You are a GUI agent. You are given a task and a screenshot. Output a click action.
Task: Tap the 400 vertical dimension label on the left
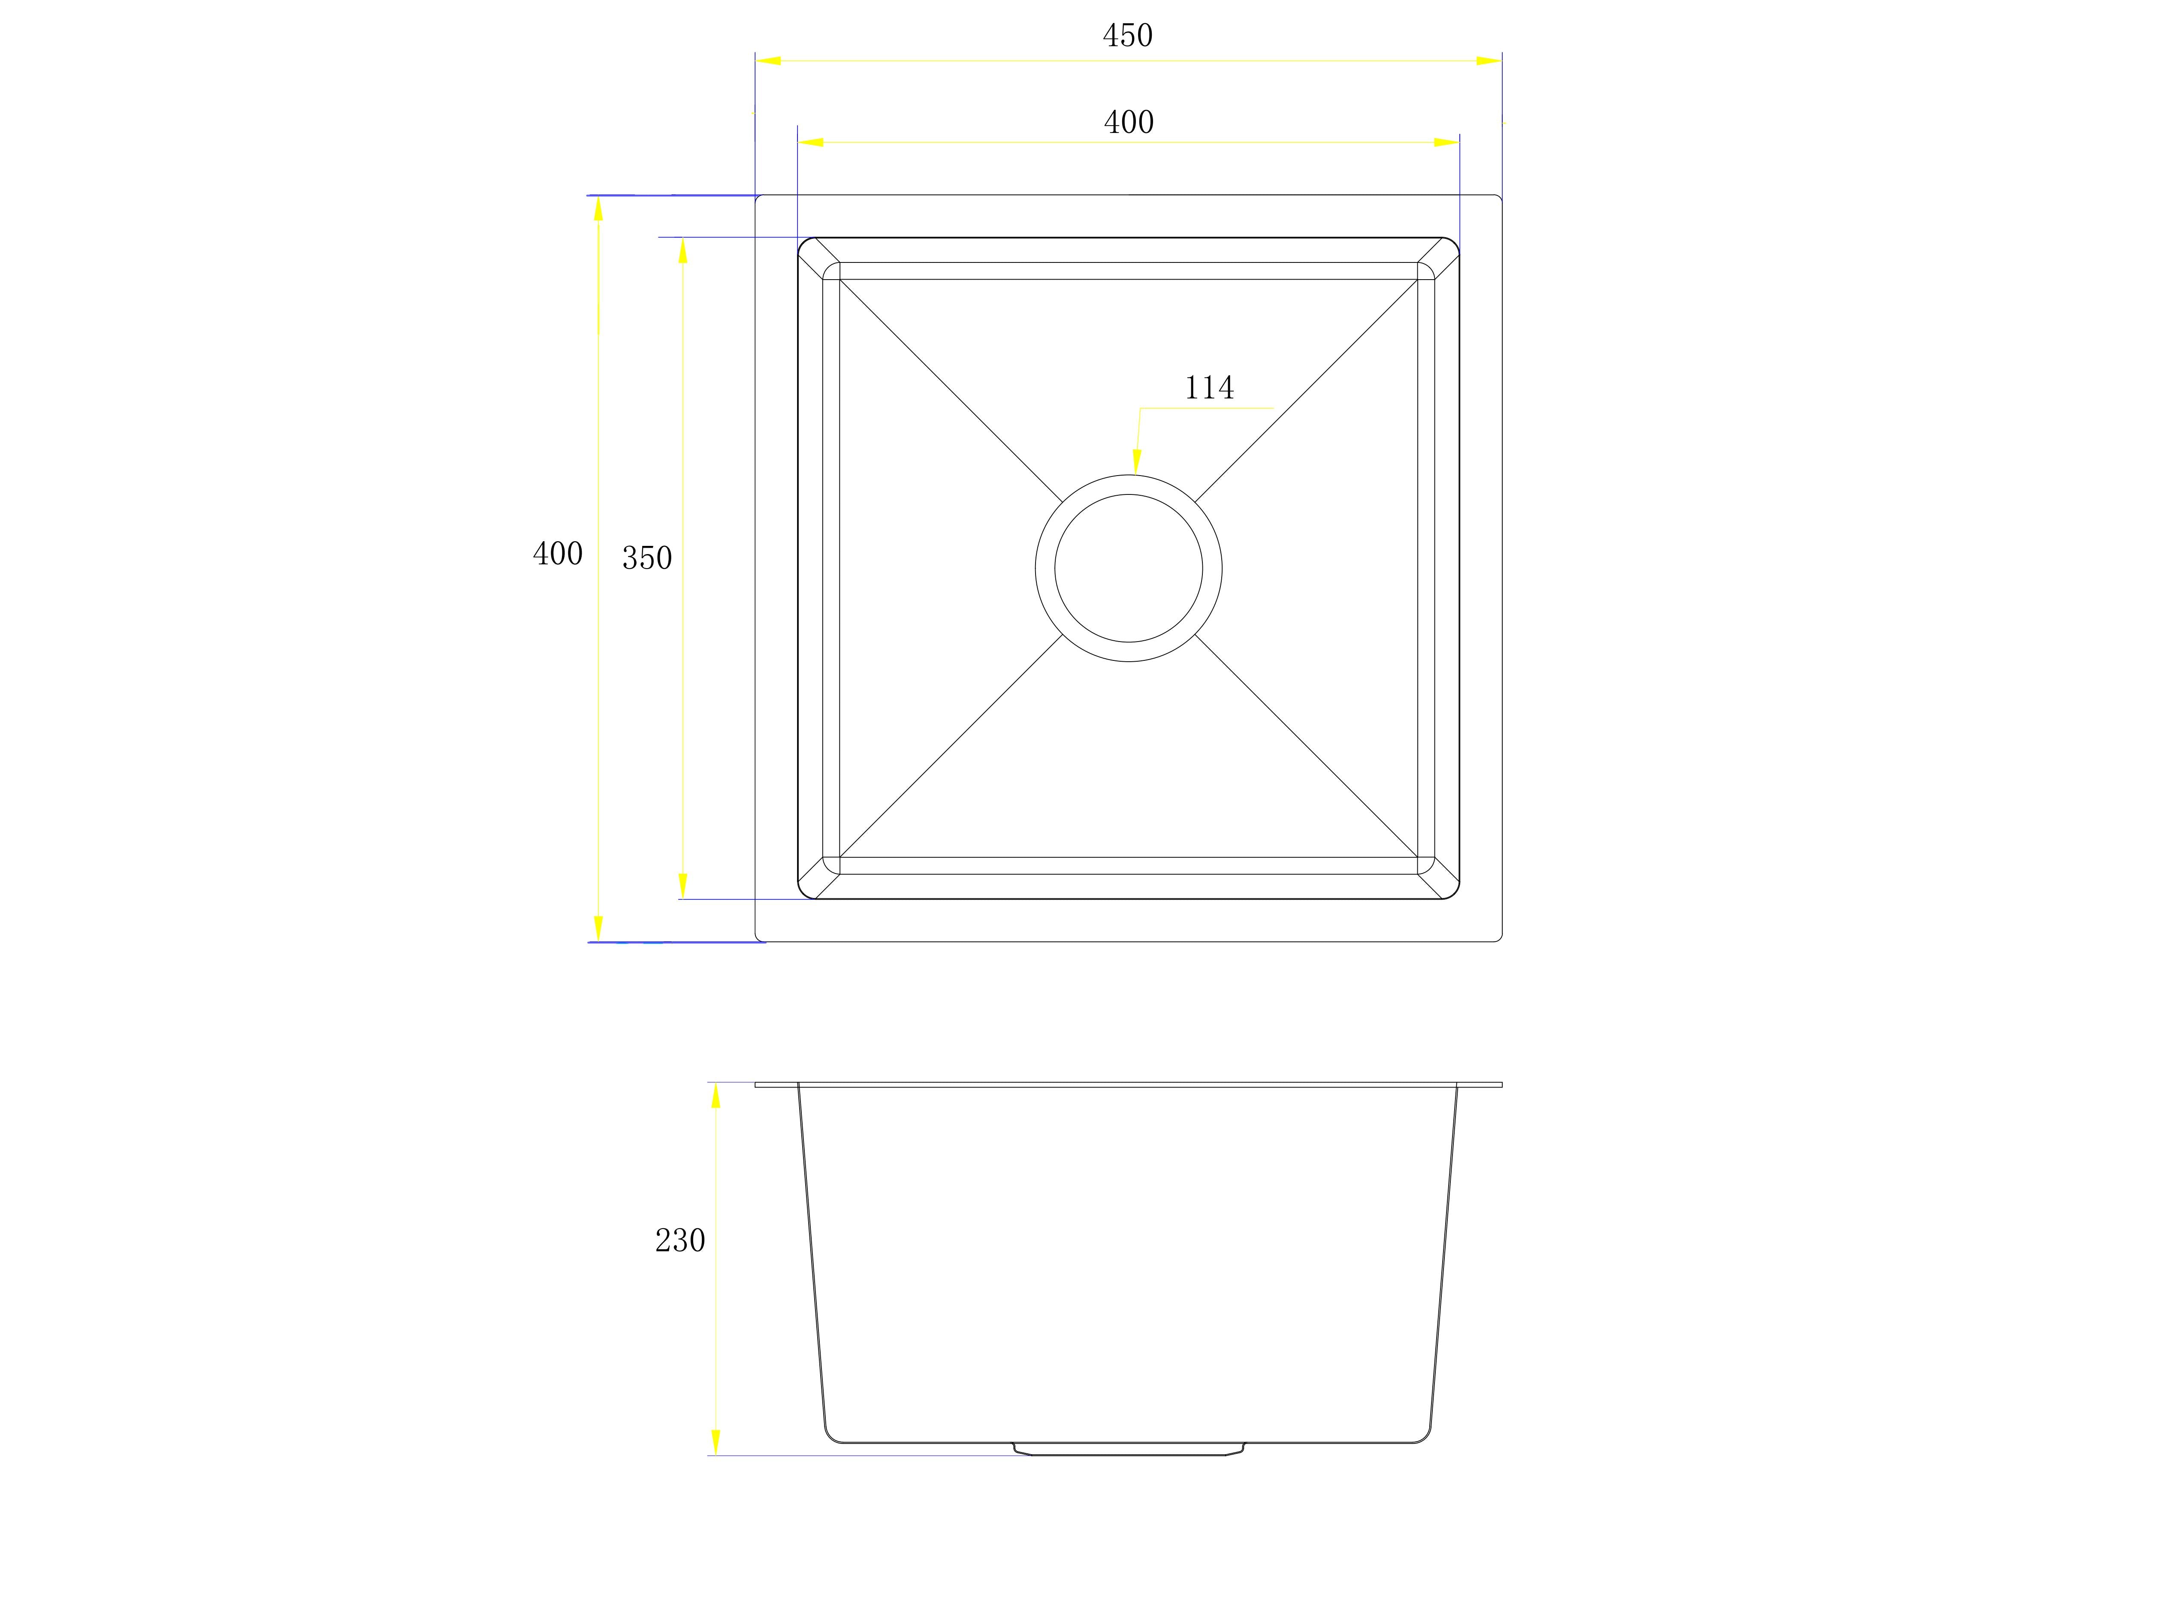[x=557, y=554]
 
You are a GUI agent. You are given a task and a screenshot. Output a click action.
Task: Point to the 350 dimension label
[x=647, y=558]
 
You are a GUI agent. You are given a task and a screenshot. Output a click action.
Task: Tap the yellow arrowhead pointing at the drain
[x=1136, y=461]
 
